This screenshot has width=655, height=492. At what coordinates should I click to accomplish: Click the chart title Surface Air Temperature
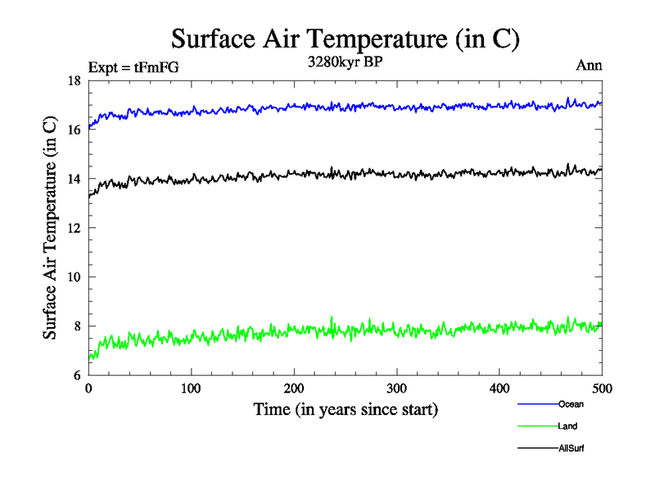[x=345, y=38]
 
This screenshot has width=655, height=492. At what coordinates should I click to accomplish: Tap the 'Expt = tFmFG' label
[x=133, y=68]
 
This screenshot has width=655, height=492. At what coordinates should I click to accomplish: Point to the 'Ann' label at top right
[x=589, y=66]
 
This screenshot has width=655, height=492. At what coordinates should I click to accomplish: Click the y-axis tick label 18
[x=74, y=80]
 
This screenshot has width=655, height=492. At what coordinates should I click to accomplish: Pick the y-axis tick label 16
[x=74, y=130]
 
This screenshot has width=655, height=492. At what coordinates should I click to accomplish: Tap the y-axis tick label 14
[x=74, y=179]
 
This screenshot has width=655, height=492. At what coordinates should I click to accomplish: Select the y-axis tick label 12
[x=74, y=228]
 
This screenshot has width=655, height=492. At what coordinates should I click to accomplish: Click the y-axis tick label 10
[x=74, y=277]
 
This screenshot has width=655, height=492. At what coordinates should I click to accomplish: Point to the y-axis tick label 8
[x=77, y=326]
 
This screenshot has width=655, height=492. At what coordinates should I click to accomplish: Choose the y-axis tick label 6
[x=77, y=376]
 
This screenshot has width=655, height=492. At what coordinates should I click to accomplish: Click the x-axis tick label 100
[x=191, y=387]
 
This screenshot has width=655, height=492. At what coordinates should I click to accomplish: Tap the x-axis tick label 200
[x=294, y=387]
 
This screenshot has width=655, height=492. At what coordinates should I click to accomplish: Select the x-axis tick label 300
[x=396, y=387]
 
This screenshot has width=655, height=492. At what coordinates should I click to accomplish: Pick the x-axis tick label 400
[x=499, y=387]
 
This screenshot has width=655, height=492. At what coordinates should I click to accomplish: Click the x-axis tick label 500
[x=602, y=387]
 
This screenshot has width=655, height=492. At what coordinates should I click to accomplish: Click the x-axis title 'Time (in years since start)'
[x=345, y=408]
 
